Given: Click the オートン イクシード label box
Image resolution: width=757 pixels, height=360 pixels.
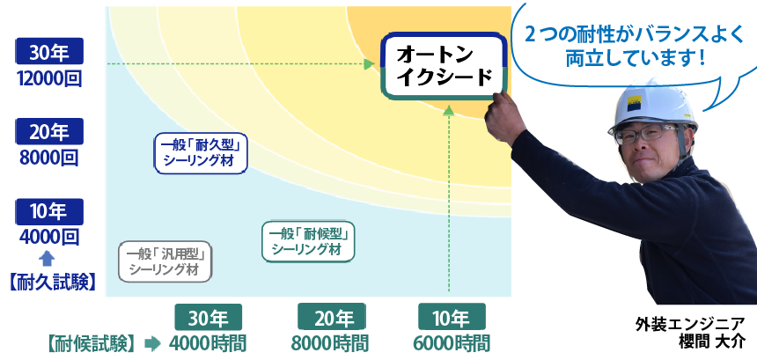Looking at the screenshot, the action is [444, 66].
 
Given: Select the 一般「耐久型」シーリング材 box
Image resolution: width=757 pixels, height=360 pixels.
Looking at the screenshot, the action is [201, 153].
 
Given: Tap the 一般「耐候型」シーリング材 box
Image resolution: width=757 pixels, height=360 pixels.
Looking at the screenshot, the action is [308, 242].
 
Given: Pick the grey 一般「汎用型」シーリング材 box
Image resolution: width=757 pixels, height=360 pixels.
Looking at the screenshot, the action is [165, 261].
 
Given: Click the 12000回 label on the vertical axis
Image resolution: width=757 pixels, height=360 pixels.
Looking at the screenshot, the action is [48, 77].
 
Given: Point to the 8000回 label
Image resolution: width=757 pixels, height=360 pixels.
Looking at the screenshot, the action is [48, 158].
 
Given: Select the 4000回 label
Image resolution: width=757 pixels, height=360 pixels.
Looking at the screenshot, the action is [48, 238].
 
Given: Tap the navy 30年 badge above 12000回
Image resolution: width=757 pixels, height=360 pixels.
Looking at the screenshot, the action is [49, 51].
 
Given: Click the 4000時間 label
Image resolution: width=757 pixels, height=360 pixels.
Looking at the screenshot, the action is [208, 343].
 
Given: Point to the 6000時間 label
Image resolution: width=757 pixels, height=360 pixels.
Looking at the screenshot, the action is [452, 343].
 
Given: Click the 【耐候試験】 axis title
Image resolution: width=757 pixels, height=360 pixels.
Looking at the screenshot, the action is [91, 343].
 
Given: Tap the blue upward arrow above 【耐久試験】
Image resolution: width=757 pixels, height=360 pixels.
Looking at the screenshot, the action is [47, 259].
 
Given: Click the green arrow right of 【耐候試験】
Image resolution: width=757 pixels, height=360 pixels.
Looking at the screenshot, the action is [152, 343].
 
